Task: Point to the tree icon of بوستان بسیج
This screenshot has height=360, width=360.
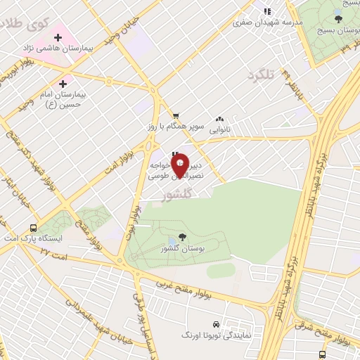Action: (338, 19)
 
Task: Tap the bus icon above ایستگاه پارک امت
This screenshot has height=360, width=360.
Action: (33, 229)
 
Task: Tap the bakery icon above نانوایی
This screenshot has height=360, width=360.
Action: (220, 120)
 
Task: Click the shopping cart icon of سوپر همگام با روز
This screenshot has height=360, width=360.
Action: (176, 116)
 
